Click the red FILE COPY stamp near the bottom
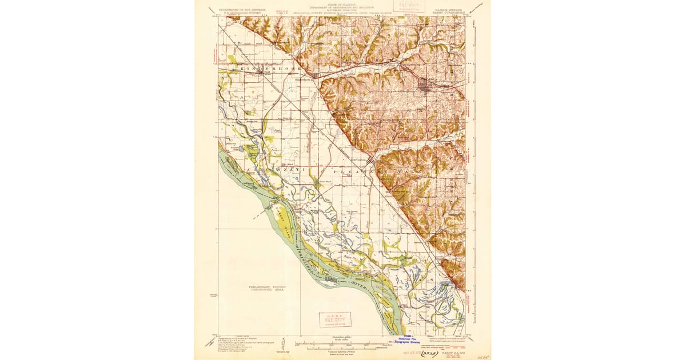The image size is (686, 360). click(x=335, y=319)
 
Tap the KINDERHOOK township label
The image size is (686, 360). click(x=263, y=69)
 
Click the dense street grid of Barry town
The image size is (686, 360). click(x=425, y=87)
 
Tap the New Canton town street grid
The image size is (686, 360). click(x=370, y=161)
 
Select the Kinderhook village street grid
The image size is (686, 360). click(x=314, y=75)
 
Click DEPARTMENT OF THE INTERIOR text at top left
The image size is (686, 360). click(x=238, y=9)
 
